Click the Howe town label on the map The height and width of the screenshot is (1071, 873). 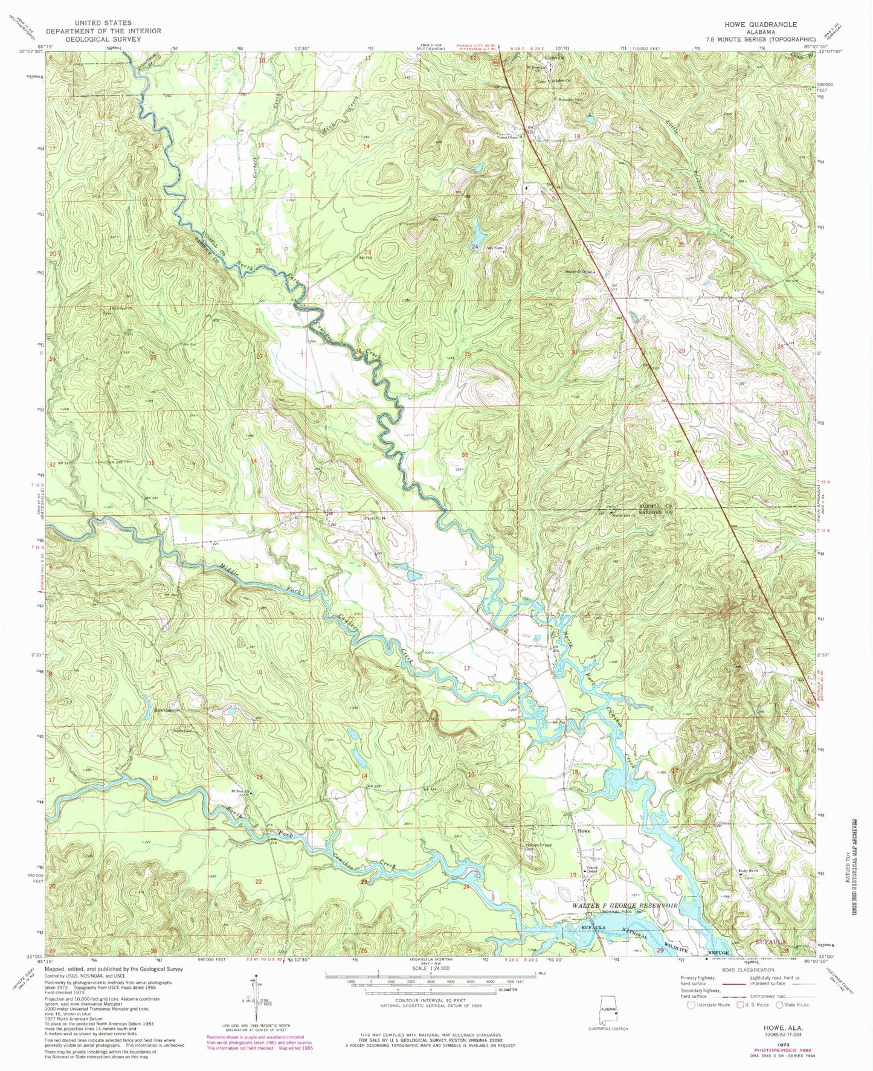coord(583,831)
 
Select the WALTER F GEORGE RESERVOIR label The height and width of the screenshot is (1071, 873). coord(625,907)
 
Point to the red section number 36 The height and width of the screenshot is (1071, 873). coord(465,455)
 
